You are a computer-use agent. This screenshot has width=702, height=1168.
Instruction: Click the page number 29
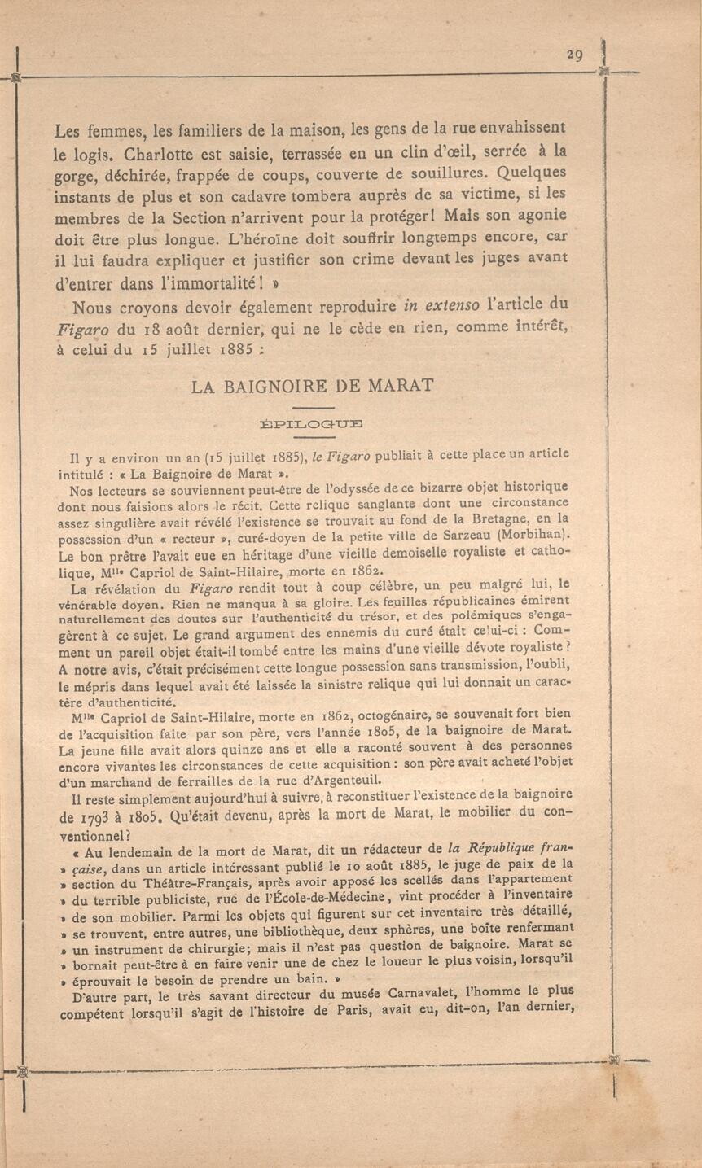point(575,55)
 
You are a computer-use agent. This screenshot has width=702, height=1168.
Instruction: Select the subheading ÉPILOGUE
point(312,422)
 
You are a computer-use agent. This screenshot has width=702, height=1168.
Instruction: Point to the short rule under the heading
point(313,407)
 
